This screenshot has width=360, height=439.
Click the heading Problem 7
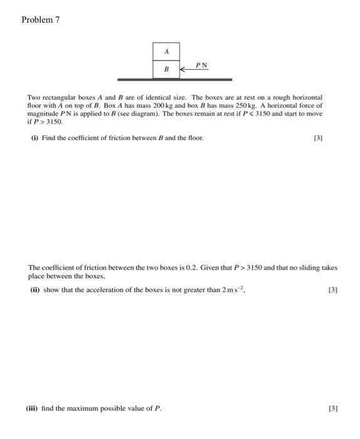click(40, 19)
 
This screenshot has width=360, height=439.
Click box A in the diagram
click(166, 51)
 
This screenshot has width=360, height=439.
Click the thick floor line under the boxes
click(174, 80)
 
